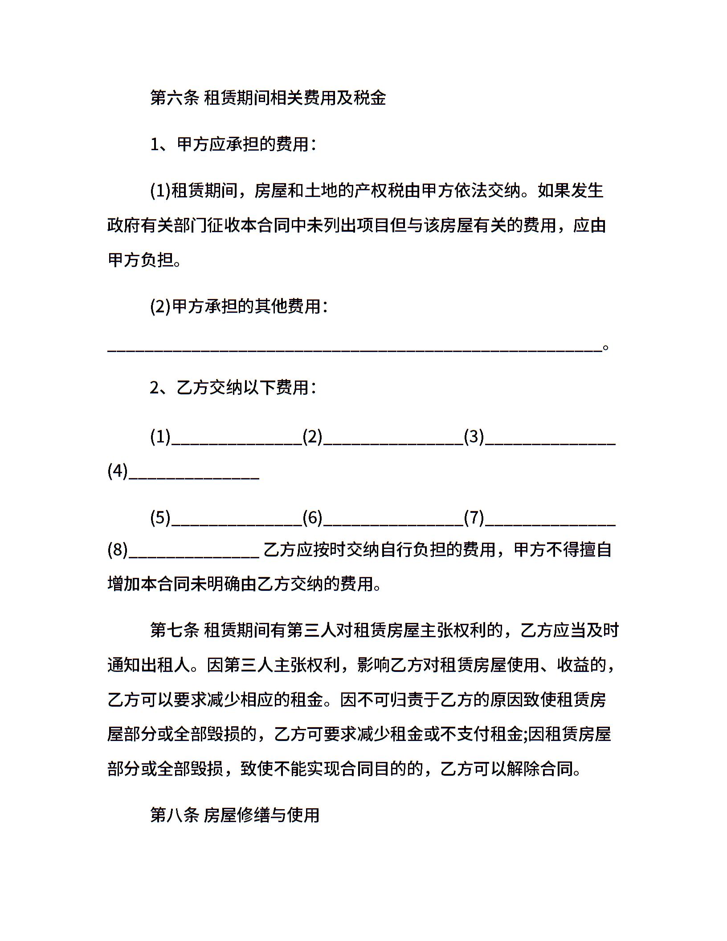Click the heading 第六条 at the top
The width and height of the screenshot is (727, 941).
tap(174, 98)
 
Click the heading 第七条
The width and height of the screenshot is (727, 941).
tap(174, 630)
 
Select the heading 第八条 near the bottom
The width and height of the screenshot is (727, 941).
tap(174, 815)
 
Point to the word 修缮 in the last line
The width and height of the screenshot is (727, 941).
tap(253, 815)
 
